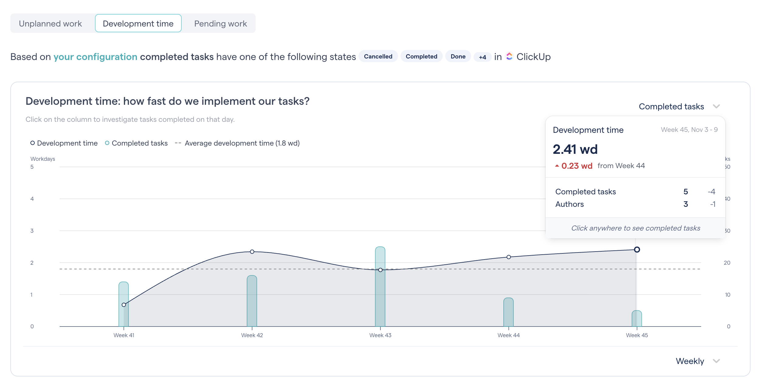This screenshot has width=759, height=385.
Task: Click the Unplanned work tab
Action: click(x=50, y=23)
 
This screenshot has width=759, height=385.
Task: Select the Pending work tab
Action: click(x=220, y=23)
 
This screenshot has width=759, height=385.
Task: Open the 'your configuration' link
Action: click(x=95, y=57)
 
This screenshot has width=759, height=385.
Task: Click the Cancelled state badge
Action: click(x=378, y=56)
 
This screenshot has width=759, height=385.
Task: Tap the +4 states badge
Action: click(x=482, y=57)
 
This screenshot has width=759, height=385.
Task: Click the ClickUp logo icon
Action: click(x=509, y=56)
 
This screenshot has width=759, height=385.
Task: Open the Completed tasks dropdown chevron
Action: click(x=716, y=106)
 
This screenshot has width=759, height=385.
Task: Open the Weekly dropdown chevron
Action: click(x=716, y=361)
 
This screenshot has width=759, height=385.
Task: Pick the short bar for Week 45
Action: click(x=637, y=319)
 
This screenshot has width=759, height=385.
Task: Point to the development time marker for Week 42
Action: click(x=252, y=252)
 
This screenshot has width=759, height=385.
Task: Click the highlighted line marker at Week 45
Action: click(x=637, y=249)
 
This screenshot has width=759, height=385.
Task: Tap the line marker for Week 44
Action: click(x=509, y=257)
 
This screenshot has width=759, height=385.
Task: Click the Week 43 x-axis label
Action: click(x=380, y=335)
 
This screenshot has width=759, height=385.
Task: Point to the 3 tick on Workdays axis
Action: click(x=32, y=231)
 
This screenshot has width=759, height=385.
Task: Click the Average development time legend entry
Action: click(x=242, y=143)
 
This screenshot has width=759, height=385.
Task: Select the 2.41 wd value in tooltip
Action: click(x=575, y=149)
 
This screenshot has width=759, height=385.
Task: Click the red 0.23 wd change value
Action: click(x=576, y=166)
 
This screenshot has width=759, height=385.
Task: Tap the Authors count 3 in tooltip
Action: click(x=685, y=204)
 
